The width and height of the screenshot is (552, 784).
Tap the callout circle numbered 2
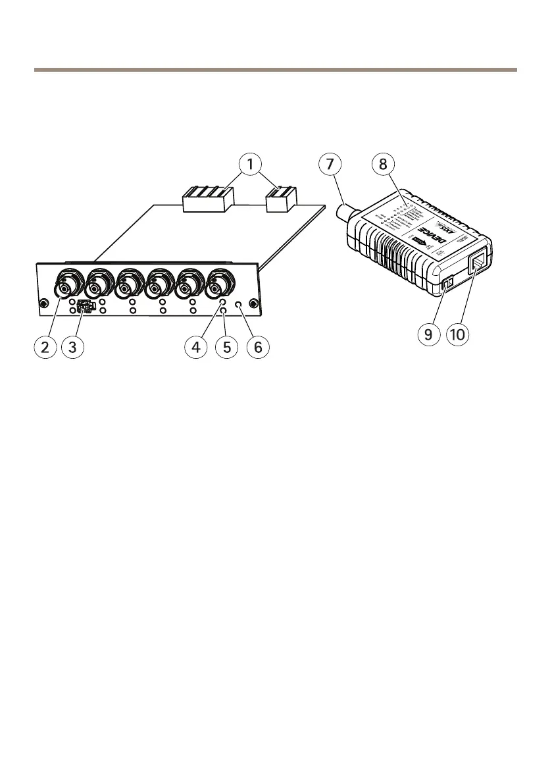[x=45, y=349]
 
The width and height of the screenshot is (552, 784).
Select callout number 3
[x=73, y=349]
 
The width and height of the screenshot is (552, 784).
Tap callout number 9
[x=428, y=334]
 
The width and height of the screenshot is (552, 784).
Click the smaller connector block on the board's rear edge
[x=282, y=199]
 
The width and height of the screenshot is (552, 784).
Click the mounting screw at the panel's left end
[x=43, y=303]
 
